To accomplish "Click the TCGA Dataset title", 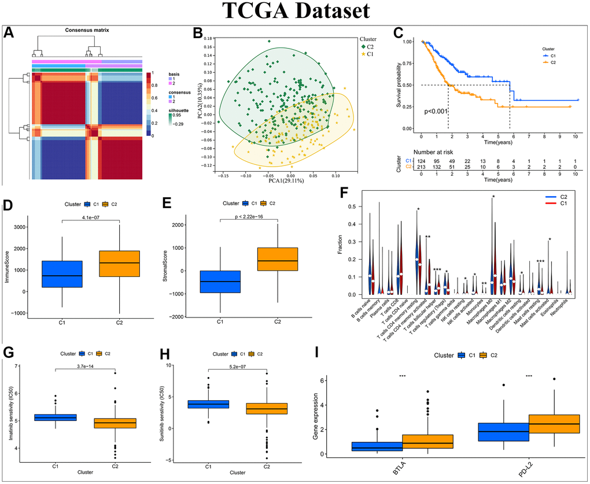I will click(x=295, y=11).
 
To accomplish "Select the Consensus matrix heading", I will click(x=86, y=29).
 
